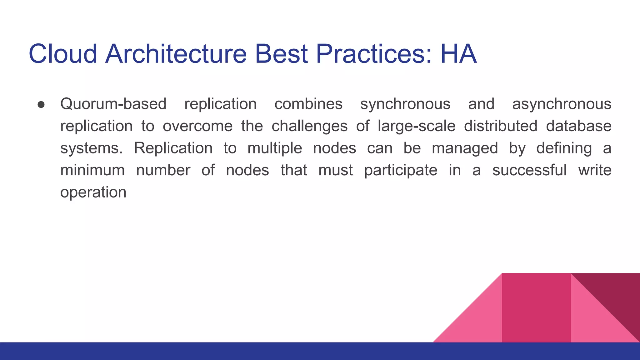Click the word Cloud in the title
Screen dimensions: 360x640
[63, 54]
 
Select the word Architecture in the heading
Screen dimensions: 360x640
[176, 54]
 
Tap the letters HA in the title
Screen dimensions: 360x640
[458, 54]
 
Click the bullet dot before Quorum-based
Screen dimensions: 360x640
[41, 104]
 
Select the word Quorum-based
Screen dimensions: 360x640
[113, 104]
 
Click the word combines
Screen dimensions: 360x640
[308, 104]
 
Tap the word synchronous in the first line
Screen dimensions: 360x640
[405, 104]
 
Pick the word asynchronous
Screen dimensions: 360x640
[561, 104]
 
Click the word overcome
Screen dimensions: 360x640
[197, 126]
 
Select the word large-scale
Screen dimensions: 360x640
[416, 126]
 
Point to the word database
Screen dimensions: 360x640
[578, 126]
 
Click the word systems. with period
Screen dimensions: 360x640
[92, 148]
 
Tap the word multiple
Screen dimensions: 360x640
[275, 148]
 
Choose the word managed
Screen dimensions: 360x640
[465, 148]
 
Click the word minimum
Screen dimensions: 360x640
[92, 170]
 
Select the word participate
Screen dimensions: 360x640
[401, 171]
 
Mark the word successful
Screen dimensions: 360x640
[529, 170]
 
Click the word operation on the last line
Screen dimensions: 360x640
[93, 192]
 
